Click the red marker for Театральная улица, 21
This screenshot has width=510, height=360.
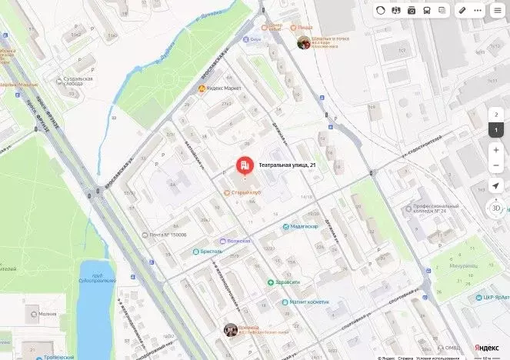click(244, 165)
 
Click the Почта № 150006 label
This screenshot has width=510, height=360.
click(168, 234)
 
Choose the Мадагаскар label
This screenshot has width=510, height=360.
click(303, 226)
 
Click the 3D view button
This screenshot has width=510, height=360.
click(496, 208)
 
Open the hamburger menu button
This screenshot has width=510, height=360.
click(498, 11)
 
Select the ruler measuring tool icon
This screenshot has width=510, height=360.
click(462, 11)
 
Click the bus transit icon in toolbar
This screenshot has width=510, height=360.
click(427, 11)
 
